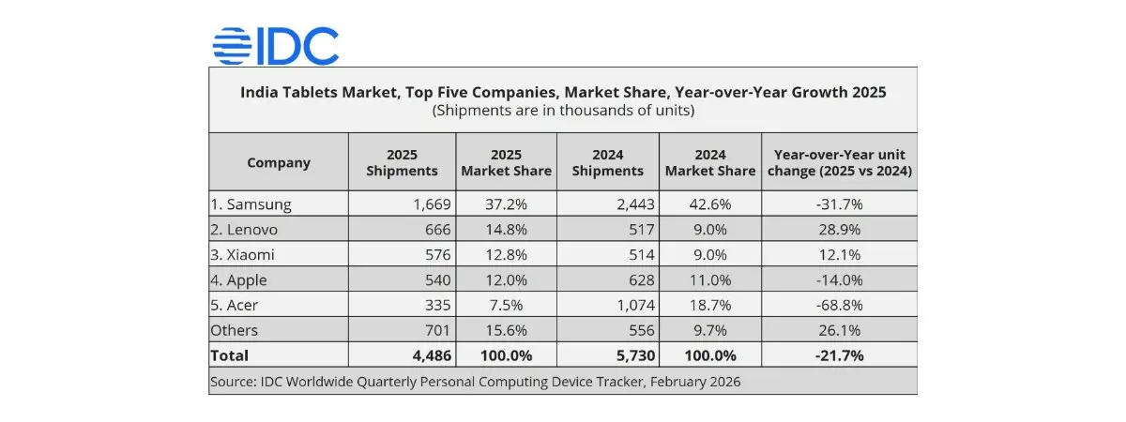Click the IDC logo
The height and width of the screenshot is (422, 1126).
pos(275,45)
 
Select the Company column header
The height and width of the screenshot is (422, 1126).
pos(279,162)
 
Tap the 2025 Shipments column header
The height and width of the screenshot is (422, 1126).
pos(402,162)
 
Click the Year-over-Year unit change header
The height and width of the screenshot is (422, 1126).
pos(839,162)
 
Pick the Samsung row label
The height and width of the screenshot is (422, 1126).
pos(251,203)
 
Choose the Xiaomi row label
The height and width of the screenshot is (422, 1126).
pos(244,254)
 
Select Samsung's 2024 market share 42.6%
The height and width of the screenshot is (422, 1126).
pos(709,203)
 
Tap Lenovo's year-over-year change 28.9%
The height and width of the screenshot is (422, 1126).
pos(839,229)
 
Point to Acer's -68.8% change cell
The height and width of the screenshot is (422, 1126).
pos(839,305)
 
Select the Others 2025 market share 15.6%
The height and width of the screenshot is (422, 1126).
pos(506,330)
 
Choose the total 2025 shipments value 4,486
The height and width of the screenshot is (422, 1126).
pos(429,355)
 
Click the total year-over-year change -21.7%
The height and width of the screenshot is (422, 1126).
pos(839,355)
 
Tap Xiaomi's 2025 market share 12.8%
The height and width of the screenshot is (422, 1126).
pos(506,254)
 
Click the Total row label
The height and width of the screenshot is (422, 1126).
pos(231,355)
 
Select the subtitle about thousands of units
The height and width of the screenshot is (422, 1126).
pos(563,110)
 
